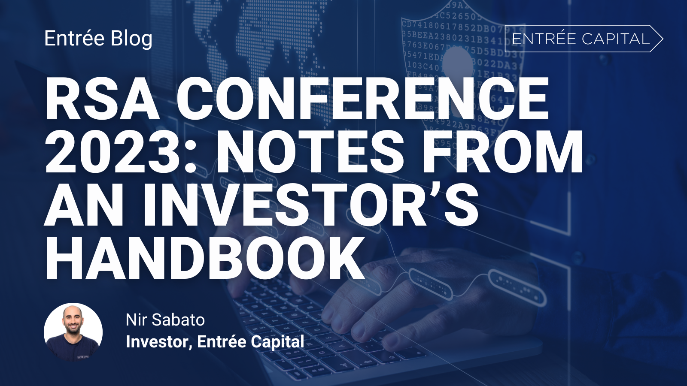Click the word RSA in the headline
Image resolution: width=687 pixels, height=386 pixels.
click(x=102, y=100)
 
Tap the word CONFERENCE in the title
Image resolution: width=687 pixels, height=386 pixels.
click(x=363, y=100)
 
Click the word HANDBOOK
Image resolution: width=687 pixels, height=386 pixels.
click(x=204, y=259)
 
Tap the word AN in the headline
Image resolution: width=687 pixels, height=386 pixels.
click(x=84, y=205)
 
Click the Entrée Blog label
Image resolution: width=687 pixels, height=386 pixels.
click(x=98, y=39)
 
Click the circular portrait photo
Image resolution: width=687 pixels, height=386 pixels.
click(x=73, y=332)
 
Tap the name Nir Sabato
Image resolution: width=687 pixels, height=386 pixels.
click(x=165, y=320)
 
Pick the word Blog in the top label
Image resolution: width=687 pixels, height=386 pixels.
click(x=131, y=39)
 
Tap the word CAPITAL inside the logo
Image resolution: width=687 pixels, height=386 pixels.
click(x=616, y=39)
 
